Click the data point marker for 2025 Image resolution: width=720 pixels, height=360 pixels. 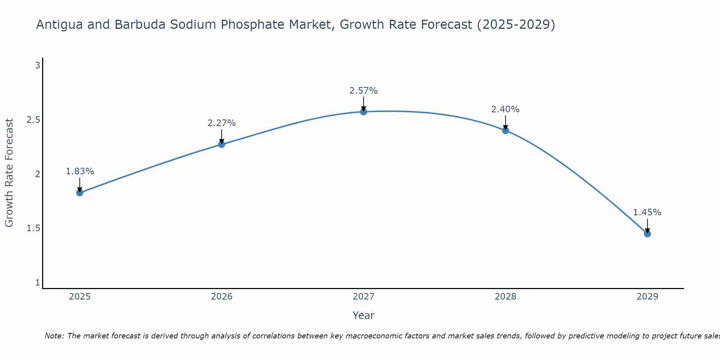80,193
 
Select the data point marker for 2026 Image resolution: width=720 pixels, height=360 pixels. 222,144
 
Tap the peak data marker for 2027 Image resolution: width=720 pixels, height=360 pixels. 364,112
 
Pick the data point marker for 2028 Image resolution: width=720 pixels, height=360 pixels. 505,130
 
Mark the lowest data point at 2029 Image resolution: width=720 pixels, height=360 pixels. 647,234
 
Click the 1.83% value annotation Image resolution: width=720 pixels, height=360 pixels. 80,171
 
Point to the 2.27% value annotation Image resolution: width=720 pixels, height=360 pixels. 222,123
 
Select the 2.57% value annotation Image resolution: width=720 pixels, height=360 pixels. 364,91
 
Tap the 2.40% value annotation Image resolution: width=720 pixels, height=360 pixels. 505,109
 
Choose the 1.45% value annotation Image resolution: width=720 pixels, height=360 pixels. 647,212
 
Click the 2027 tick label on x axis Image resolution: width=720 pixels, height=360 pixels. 364,297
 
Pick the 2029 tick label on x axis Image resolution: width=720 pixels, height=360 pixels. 647,297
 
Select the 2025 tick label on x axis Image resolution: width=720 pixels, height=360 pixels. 80,297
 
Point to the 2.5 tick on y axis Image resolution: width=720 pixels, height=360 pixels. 33,120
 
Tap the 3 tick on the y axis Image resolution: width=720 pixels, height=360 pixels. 37,66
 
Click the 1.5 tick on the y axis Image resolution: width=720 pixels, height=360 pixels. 33,228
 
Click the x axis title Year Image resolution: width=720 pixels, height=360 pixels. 364,315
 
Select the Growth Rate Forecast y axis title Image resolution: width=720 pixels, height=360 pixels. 9,173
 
